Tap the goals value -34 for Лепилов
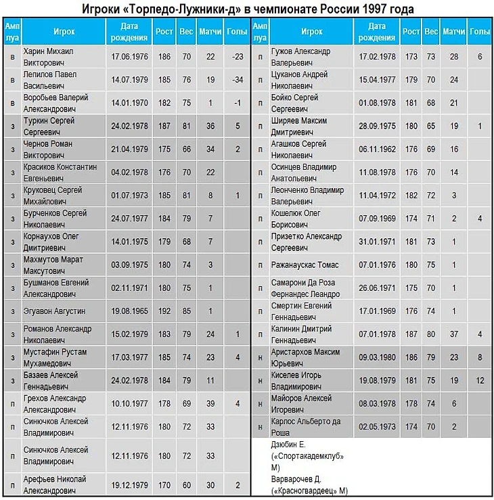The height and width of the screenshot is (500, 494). tap(237, 79)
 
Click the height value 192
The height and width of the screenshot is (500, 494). tap(163, 311)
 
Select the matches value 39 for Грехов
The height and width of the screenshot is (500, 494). tap(210, 404)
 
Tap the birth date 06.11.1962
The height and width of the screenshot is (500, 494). tap(378, 149)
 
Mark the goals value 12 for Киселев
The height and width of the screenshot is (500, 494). tap(480, 381)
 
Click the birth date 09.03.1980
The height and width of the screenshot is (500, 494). tap(378, 357)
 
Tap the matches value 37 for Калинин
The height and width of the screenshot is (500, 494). tap(454, 334)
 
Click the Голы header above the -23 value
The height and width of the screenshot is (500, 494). tap(237, 31)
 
